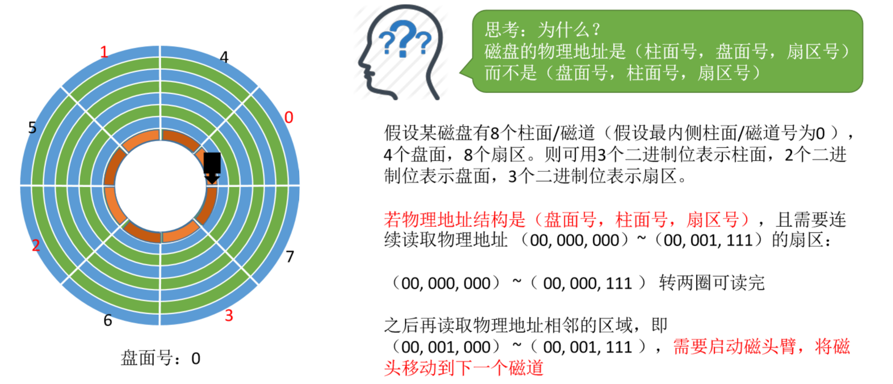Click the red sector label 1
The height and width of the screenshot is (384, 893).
coord(104,52)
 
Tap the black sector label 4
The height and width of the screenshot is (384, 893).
coord(224,57)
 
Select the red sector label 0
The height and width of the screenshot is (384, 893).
coord(288,117)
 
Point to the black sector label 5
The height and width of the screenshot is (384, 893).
coord(32,128)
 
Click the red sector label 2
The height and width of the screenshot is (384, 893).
coord(36,246)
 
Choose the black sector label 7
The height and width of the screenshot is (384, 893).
coord(290,257)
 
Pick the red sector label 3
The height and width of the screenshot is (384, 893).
coord(229,315)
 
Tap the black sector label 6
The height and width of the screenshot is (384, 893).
coord(108,320)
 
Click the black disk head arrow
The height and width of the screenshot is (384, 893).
coord(212,168)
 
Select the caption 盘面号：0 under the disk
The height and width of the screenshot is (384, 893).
coord(161,358)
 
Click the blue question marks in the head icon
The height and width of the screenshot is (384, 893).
coord(404,39)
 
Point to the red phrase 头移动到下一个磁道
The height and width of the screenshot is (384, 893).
coord(464,368)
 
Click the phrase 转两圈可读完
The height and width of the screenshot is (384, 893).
coord(711,282)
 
